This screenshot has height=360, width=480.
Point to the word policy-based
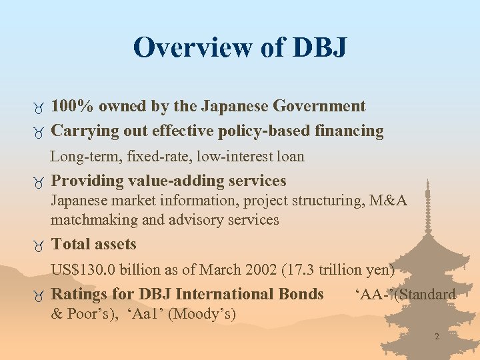tap(263, 131)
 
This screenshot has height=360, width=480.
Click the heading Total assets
tap(94, 244)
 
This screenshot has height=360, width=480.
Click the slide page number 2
tap(437, 337)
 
